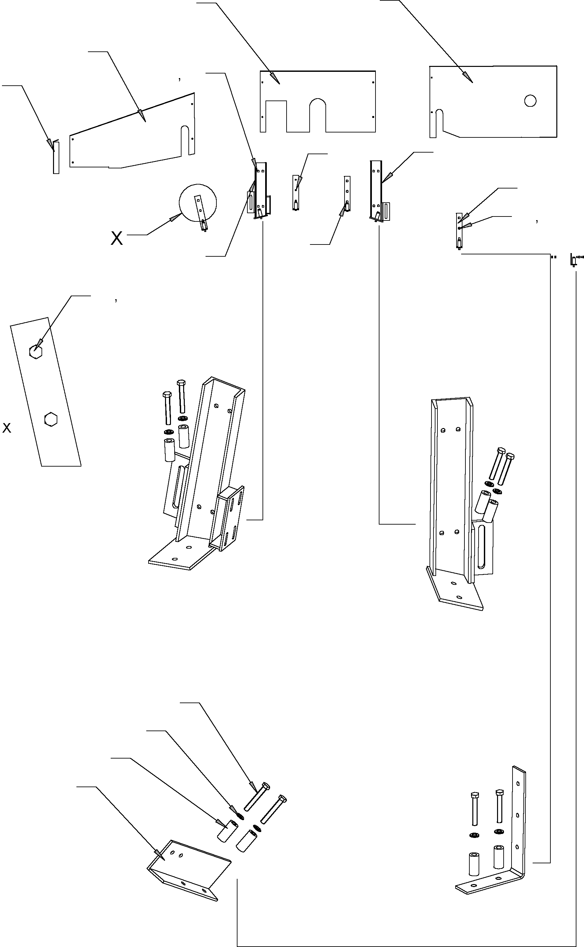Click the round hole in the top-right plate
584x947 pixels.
[x=530, y=101]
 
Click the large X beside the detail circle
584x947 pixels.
[x=117, y=238]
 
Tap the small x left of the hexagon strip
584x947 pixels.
[x=7, y=427]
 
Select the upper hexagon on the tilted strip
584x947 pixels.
[x=36, y=352]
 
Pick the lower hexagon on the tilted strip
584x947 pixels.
[x=51, y=419]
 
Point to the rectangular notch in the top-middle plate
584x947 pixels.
[x=276, y=116]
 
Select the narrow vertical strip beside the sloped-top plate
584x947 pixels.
[x=56, y=157]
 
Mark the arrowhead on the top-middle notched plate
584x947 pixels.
[x=275, y=78]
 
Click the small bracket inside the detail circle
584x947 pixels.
[x=201, y=213]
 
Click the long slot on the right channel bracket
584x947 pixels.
[x=481, y=546]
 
